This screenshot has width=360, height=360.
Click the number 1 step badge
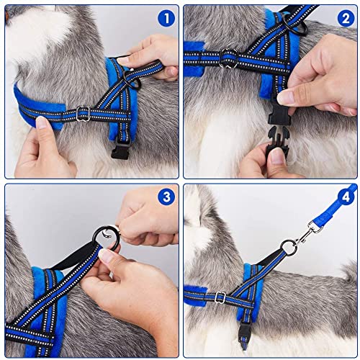coord(166,19)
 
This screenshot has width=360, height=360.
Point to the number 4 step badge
coord(344,195)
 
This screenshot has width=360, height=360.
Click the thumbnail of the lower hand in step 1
coord(42,124)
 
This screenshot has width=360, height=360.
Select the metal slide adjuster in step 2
coord(228,56)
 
